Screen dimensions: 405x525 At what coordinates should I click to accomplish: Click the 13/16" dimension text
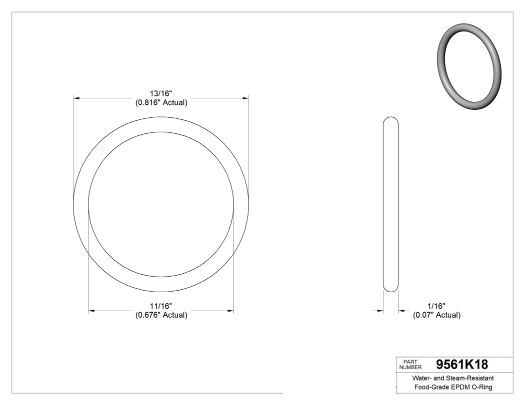click(161, 93)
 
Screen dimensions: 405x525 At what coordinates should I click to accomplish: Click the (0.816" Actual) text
click(161, 103)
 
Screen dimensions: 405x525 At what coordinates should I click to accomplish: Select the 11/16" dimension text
click(161, 306)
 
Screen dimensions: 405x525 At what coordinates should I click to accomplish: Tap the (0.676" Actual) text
click(161, 315)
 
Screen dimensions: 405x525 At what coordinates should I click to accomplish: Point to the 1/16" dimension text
click(436, 306)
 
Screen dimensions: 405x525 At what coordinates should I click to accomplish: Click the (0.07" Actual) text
click(436, 315)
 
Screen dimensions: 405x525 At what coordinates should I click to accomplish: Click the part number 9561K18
click(461, 364)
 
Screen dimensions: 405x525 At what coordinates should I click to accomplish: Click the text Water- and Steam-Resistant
click(453, 378)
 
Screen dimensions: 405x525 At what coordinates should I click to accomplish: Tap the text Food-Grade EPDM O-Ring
click(453, 388)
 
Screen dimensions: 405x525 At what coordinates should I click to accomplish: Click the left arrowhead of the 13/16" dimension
click(76, 98)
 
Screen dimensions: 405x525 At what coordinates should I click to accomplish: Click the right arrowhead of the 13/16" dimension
click(245, 98)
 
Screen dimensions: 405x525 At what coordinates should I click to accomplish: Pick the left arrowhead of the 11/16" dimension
click(91, 311)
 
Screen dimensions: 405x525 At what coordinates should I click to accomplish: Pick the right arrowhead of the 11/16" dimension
click(230, 311)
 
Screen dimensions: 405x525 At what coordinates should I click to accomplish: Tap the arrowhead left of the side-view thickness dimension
click(380, 311)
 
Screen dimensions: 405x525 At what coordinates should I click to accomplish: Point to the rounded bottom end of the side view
click(390, 289)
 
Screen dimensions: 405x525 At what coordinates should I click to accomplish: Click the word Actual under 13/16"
click(173, 103)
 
